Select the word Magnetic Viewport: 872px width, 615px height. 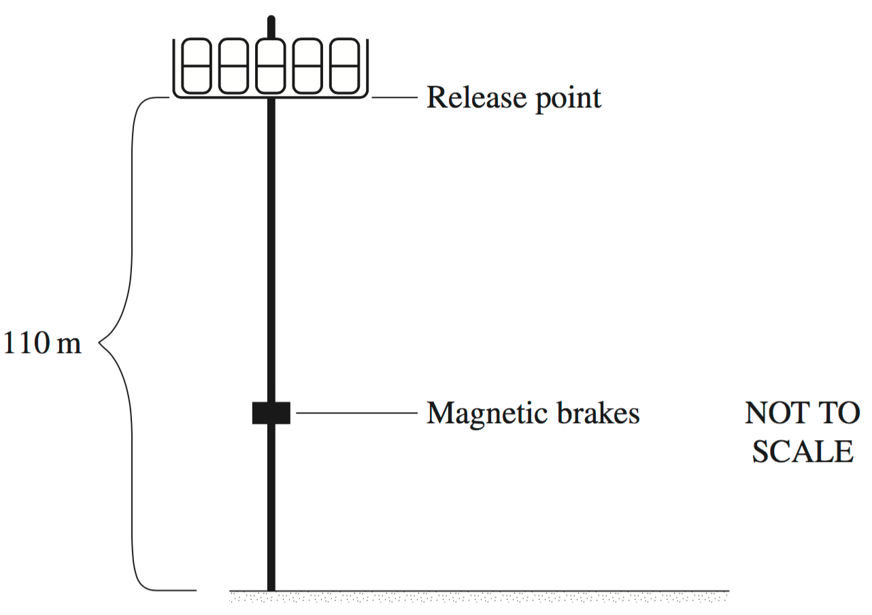[477, 412]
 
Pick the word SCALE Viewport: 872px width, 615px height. [802, 452]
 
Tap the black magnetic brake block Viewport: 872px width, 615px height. [271, 413]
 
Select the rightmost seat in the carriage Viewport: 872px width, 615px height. [343, 66]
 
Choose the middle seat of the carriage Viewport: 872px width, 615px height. [271, 66]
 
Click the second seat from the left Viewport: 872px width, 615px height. [233, 66]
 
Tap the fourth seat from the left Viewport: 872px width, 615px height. [307, 66]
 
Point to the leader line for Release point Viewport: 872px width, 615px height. [394, 98]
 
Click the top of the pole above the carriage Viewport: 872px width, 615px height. [271, 20]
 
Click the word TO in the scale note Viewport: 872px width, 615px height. [840, 412]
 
